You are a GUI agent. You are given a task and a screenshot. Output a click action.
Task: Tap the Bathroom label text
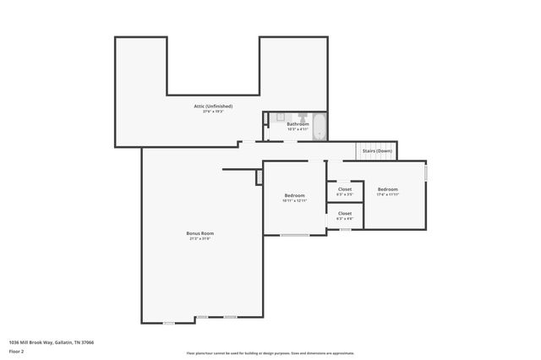point(298,124)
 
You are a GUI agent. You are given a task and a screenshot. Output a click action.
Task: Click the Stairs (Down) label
point(377,150)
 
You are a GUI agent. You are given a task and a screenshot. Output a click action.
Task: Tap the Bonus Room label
point(200,232)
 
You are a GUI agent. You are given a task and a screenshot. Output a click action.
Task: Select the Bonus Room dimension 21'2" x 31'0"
point(200,238)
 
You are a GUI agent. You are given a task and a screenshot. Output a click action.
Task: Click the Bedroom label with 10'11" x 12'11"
point(294,195)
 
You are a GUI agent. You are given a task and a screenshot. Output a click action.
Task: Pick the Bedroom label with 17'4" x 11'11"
point(388,188)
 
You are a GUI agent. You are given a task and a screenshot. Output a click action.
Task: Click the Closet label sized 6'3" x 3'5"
point(345,189)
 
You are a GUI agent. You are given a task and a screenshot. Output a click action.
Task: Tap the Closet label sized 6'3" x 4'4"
point(345,214)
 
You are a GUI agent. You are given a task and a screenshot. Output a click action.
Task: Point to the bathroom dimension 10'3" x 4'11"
point(298,129)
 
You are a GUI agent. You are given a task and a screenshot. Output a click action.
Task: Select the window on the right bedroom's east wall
point(426,172)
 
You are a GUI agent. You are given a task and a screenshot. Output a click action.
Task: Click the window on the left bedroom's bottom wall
point(294,235)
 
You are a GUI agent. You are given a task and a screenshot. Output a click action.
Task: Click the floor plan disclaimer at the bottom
point(270,353)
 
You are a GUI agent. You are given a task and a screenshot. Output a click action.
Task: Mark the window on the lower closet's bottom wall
point(345,229)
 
